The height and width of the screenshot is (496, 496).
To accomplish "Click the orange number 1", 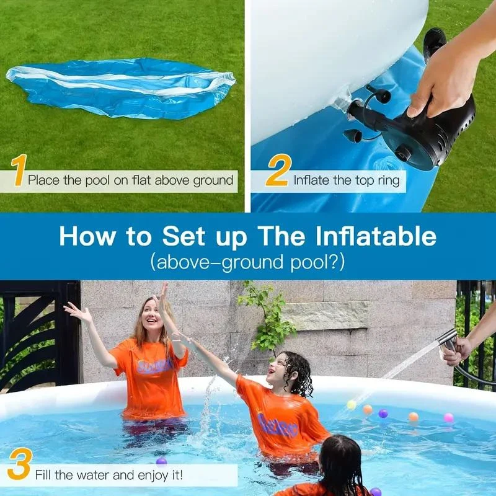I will coord(19,170).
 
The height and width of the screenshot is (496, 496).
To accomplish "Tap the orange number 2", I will coord(277,172).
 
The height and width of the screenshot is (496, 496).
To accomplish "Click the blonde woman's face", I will coord(153,317).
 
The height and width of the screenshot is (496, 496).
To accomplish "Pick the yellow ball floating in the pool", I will coord(352,405).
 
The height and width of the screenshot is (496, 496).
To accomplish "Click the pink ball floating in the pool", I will coord(448,417).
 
